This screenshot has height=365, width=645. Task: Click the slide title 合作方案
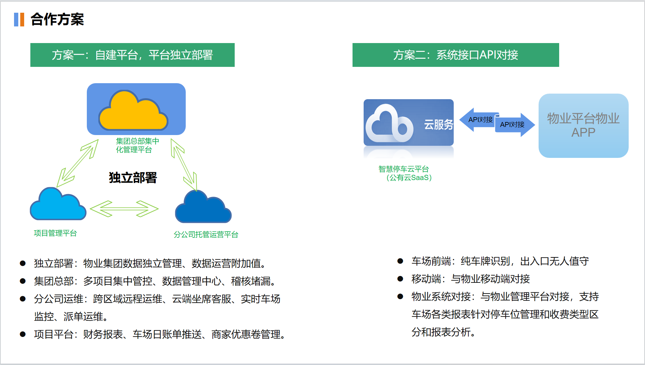click(57, 19)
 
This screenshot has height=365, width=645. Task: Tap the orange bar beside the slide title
click(22, 20)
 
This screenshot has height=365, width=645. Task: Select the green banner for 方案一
click(132, 55)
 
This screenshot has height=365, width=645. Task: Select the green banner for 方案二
click(455, 55)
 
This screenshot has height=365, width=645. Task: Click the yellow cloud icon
click(133, 112)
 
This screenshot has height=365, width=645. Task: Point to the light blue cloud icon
click(58, 205)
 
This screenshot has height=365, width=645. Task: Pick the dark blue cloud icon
click(203, 208)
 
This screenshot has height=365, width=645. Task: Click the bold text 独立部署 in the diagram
click(133, 178)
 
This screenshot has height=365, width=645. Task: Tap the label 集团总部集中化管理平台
click(137, 145)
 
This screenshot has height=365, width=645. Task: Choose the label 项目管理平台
click(55, 233)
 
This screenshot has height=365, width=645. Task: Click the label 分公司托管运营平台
click(206, 235)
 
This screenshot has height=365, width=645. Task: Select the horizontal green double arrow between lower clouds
click(124, 209)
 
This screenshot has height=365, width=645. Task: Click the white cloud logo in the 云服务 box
click(389, 124)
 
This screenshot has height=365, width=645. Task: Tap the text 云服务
click(438, 124)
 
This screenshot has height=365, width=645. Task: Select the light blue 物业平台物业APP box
click(583, 126)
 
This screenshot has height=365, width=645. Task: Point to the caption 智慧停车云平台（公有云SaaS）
click(405, 173)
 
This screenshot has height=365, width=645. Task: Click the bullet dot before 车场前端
click(400, 261)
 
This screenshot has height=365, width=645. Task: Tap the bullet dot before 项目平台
click(23, 334)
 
